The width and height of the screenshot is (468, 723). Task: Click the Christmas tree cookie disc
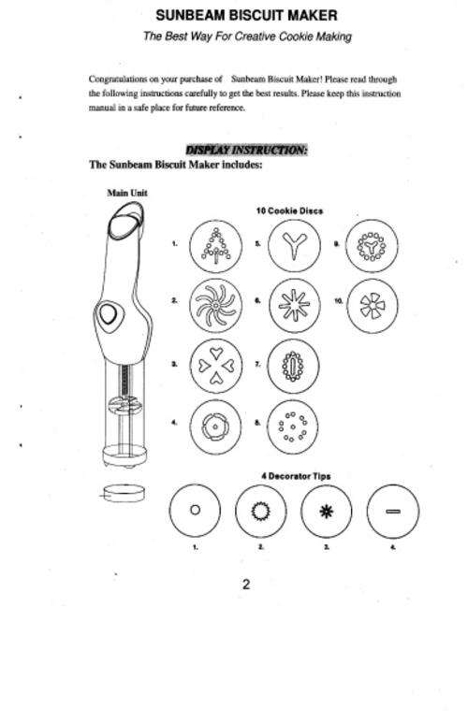(215, 246)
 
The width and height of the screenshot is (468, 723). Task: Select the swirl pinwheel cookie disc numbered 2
(215, 305)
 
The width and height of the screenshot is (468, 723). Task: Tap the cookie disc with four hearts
(215, 366)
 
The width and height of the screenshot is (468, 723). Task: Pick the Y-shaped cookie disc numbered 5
(294, 245)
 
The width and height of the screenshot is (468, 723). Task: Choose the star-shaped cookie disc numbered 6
(294, 305)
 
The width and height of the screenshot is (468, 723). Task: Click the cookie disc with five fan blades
(372, 306)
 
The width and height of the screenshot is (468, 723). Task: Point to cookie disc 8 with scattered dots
(293, 427)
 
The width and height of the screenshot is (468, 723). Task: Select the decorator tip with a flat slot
(393, 511)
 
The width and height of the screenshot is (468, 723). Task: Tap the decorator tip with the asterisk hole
(327, 511)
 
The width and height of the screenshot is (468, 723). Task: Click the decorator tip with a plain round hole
(195, 511)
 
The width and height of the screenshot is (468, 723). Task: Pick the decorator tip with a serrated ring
(261, 511)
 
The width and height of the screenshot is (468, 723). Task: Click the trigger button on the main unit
(109, 314)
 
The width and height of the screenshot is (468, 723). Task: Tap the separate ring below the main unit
(124, 493)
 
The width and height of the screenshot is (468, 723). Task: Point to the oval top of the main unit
(125, 222)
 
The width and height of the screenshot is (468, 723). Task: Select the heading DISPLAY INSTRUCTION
(246, 150)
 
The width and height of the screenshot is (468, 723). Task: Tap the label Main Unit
(127, 193)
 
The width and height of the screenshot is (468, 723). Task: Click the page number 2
(246, 585)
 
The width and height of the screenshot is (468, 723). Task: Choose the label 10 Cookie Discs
(289, 210)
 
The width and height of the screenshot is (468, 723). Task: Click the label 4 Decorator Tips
(296, 476)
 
